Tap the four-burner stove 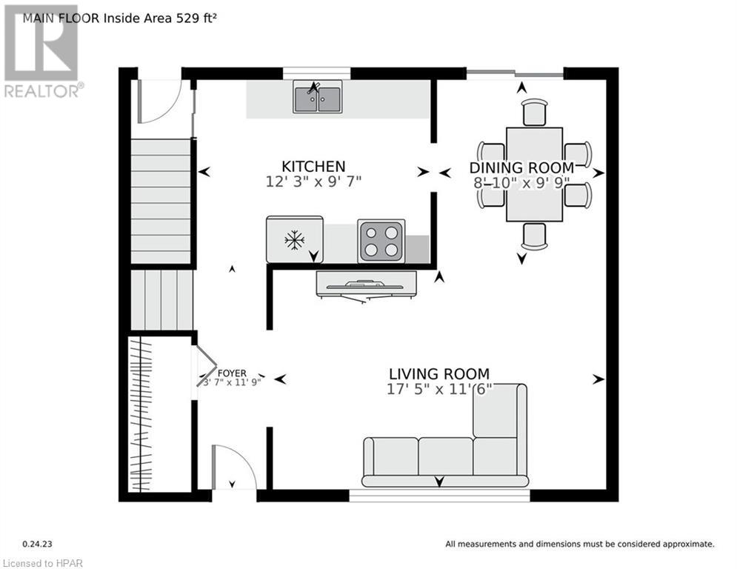coord(381,241)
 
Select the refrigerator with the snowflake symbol coord(295,239)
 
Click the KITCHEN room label coord(313,166)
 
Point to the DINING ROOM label coord(521,168)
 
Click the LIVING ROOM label coord(439,374)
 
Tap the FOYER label coord(232,373)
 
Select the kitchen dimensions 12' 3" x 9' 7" coord(313,181)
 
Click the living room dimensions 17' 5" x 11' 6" coord(439,390)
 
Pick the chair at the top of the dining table coord(534,113)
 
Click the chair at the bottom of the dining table coord(534,235)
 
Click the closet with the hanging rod coord(157,415)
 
